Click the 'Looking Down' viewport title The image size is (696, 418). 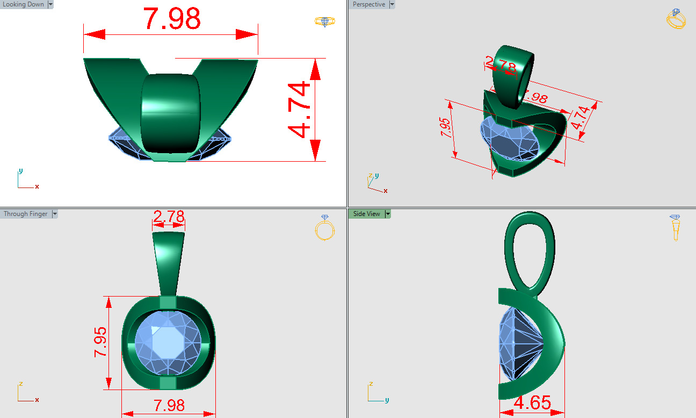(x=24, y=4)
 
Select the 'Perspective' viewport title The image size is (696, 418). (x=369, y=4)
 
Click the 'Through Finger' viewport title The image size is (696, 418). (x=25, y=214)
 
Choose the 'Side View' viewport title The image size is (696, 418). (x=366, y=214)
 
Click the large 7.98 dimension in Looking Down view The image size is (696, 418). (x=171, y=19)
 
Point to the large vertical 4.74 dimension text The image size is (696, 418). (x=299, y=110)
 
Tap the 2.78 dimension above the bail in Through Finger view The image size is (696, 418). (x=169, y=217)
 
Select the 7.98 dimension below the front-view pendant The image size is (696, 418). (x=169, y=406)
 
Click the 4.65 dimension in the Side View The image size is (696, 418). (x=532, y=403)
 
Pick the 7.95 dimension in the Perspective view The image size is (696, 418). (x=446, y=128)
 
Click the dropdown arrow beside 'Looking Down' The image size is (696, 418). (x=50, y=4)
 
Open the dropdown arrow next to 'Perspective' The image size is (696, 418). (x=392, y=4)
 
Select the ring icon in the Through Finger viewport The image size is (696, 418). (x=325, y=227)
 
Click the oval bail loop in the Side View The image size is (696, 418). (x=530, y=249)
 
